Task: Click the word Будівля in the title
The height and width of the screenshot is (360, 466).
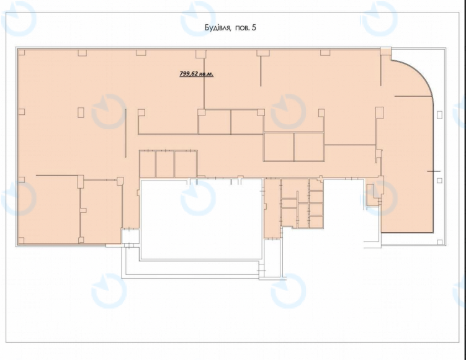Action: click(218, 28)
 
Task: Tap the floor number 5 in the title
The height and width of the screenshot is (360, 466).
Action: click(254, 28)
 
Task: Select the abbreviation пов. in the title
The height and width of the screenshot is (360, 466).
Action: click(242, 28)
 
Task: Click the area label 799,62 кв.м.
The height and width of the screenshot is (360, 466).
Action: click(197, 74)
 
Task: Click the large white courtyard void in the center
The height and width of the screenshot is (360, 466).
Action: click(201, 219)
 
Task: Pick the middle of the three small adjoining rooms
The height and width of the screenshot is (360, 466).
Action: click(165, 164)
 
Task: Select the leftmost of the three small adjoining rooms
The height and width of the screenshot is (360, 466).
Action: click(148, 164)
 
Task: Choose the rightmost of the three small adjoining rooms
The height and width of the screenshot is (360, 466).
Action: click(186, 164)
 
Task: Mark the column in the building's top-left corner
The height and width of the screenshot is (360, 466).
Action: click(21, 53)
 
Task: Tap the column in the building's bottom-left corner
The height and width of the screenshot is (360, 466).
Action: click(21, 240)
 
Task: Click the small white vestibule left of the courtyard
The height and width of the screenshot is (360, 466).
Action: click(130, 236)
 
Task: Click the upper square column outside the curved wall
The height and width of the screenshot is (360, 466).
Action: click(439, 115)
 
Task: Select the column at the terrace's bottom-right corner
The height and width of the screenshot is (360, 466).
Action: click(440, 242)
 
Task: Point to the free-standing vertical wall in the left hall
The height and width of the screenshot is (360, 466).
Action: click(126, 133)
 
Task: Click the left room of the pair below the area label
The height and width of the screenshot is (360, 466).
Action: click(215, 122)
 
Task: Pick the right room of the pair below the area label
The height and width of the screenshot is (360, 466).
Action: click(247, 122)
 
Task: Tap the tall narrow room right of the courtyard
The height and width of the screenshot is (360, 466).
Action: click(272, 209)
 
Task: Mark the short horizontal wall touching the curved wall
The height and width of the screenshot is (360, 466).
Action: click(413, 96)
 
